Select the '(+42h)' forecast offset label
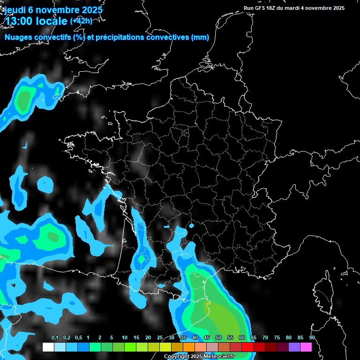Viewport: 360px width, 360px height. click(81, 21)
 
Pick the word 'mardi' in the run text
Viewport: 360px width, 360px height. click(297, 8)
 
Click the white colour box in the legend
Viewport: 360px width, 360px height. click(48, 347)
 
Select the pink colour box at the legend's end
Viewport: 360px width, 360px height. click(306, 347)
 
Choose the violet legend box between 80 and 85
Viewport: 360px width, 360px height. click(294, 347)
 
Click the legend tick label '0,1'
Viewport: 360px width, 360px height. click(55, 338)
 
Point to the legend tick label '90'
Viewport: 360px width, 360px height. click(312, 338)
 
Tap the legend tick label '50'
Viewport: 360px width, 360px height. click(218, 338)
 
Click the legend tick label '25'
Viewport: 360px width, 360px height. click(160, 338)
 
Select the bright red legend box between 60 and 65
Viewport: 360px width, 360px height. click(247, 347)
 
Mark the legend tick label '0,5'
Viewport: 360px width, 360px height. click(78, 338)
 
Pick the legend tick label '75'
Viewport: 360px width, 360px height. click(277, 338)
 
